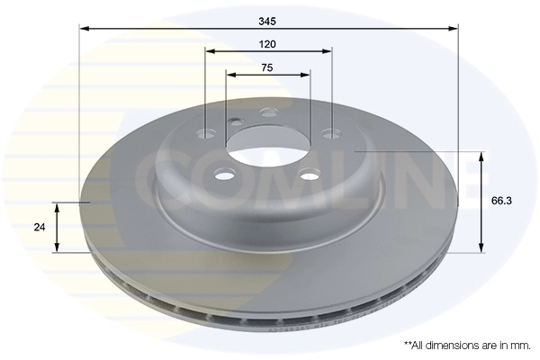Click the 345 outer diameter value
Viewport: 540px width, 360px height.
coord(268,18)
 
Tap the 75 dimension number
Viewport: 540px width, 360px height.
coord(267,67)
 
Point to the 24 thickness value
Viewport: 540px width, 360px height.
coord(39,228)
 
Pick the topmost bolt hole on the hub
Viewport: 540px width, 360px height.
coord(267,113)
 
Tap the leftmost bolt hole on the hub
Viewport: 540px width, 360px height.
coord(207,132)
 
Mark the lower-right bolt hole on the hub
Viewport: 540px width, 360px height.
coord(310,175)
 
